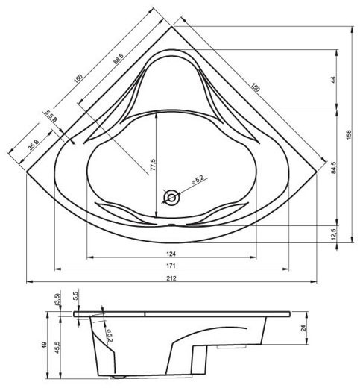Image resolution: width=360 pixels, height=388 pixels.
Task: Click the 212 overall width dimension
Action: click(x=171, y=278)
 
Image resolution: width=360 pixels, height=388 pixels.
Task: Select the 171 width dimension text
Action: click(x=171, y=266)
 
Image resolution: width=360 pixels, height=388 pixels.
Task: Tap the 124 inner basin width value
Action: click(x=171, y=254)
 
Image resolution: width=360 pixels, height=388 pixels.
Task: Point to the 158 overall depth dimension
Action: click(x=349, y=134)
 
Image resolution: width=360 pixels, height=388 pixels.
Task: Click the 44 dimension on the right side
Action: click(x=333, y=80)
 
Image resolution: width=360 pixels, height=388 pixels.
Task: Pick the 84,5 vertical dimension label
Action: click(x=333, y=167)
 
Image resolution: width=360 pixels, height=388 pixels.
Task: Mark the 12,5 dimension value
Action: click(x=333, y=234)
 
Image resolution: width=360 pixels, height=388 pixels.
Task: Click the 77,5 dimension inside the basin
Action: click(x=153, y=165)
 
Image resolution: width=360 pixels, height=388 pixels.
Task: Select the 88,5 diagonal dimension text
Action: click(x=119, y=59)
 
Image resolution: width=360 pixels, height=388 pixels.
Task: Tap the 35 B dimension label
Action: click(x=34, y=145)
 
